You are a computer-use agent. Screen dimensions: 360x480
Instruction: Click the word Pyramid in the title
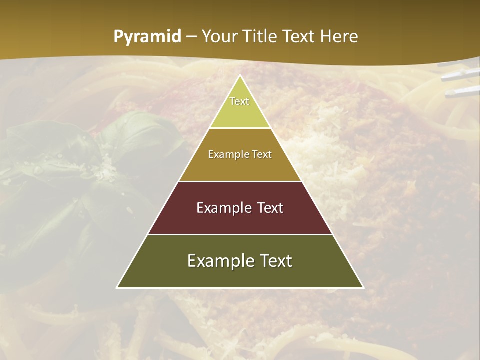[x=147, y=37]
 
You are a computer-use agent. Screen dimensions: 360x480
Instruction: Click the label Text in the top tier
[x=239, y=101]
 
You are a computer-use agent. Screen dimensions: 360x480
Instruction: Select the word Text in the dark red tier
[x=270, y=208]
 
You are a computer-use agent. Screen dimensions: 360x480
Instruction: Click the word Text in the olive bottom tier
[x=277, y=261]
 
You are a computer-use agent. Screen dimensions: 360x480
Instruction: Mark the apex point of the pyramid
[x=240, y=76]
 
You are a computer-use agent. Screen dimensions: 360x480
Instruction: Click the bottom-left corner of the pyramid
[x=117, y=287]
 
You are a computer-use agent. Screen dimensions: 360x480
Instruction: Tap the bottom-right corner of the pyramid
[x=363, y=287]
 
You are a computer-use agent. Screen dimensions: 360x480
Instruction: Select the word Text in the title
[x=299, y=37]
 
